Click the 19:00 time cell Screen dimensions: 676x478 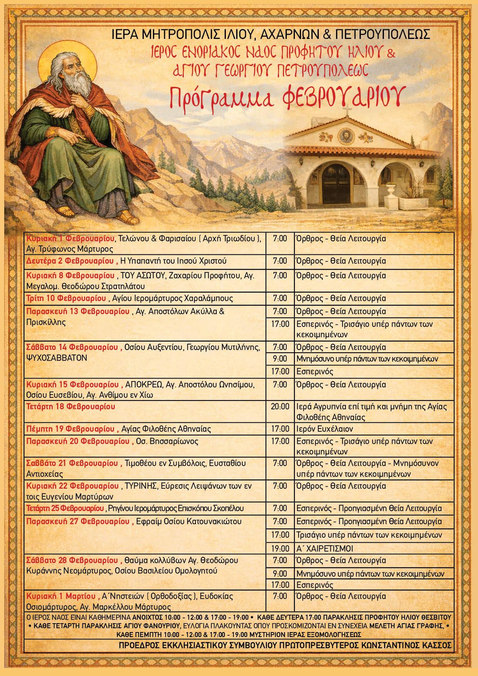click(x=280, y=548)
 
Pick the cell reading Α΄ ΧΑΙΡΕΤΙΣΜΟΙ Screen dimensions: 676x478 click(x=325, y=548)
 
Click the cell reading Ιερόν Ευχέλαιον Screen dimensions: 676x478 click(x=325, y=429)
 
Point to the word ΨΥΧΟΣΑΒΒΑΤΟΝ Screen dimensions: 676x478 click(x=57, y=357)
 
